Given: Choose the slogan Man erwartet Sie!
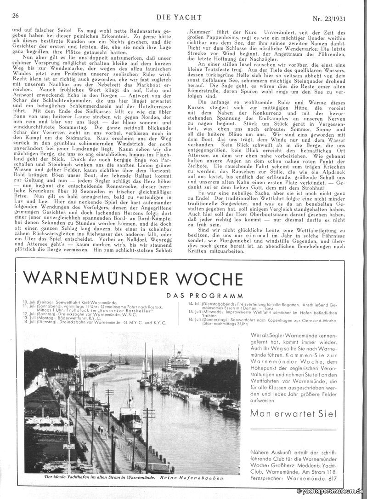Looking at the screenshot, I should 294,414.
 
